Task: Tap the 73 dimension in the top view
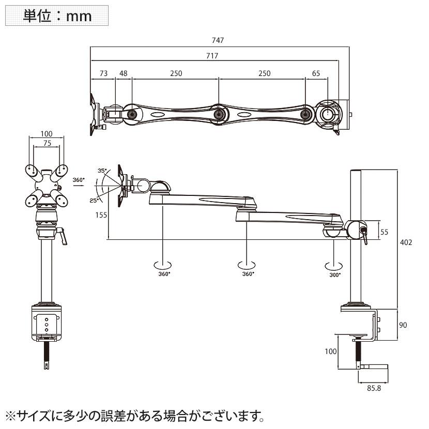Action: [103, 73]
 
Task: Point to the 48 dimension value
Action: [123, 73]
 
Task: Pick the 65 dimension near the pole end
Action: [316, 73]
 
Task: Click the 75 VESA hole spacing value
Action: [47, 145]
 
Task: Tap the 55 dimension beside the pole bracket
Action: [385, 232]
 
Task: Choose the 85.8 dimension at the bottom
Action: [373, 389]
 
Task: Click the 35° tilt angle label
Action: [102, 170]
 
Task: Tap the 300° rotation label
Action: [334, 274]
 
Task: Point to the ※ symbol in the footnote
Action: [10, 415]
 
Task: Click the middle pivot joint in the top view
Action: [218, 113]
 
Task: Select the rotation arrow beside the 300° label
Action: [333, 266]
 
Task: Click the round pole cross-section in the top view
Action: [327, 113]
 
